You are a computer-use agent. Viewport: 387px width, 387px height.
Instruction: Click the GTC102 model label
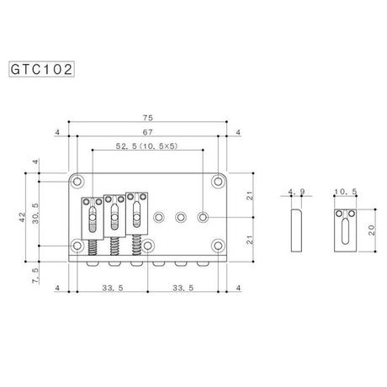coord(41,69)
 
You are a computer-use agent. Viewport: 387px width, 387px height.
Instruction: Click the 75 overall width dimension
coord(148,118)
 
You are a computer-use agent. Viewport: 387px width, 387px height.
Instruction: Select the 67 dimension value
coord(148,132)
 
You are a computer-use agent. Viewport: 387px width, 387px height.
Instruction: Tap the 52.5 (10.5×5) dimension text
coord(147,146)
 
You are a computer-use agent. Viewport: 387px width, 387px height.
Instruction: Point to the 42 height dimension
coord(22,217)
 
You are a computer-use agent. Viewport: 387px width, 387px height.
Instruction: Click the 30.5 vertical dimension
coord(35,213)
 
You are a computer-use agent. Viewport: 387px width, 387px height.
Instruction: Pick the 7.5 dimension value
coord(35,275)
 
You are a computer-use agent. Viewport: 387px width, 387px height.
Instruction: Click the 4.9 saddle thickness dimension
coord(296,192)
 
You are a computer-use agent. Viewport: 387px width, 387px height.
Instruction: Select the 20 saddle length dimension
coord(371,230)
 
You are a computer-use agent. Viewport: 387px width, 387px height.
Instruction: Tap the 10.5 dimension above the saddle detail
coord(346,192)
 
